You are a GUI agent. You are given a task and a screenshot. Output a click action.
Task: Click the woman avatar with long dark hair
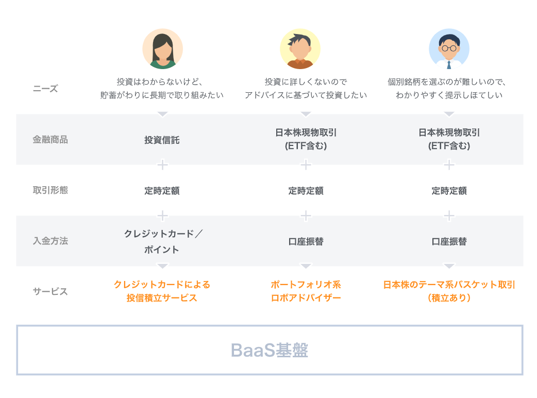point(162,48)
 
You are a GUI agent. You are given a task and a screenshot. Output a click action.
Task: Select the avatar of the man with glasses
point(449,48)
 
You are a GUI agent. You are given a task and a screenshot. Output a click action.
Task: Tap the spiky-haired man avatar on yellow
point(300,48)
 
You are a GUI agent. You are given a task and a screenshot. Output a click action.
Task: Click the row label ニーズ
point(45,89)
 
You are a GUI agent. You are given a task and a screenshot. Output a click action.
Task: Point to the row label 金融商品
point(50,139)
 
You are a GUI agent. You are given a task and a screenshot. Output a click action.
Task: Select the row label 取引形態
point(50,190)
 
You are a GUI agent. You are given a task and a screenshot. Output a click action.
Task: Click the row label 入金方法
point(50,241)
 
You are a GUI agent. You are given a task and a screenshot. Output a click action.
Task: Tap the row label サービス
point(50,291)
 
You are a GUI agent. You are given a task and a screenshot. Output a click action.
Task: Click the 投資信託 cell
point(162,140)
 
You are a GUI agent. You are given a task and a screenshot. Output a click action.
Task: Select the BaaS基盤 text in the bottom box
point(270,350)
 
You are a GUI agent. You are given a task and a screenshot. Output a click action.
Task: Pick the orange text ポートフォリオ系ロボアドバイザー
point(306,291)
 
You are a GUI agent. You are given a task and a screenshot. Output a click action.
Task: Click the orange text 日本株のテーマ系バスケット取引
point(449,285)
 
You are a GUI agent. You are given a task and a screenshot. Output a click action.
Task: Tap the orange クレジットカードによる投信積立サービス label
point(162,291)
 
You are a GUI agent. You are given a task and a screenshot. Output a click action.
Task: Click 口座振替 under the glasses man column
point(449,241)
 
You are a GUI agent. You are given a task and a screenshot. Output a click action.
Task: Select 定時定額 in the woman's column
point(162,190)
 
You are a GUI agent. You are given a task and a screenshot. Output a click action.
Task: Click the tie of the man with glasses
point(449,64)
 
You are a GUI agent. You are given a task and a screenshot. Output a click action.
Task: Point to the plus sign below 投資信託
point(162,165)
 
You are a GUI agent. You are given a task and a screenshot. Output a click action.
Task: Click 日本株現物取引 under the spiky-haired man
point(306,132)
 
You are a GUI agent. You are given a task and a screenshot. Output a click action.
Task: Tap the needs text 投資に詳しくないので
point(306,81)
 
